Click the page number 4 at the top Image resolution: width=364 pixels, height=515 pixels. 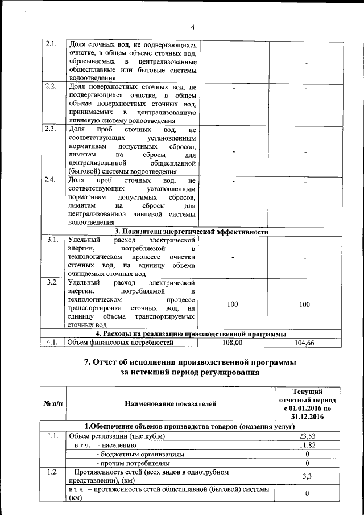pyautogui.click(x=192, y=27)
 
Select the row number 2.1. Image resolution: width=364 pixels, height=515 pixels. pyautogui.click(x=50, y=44)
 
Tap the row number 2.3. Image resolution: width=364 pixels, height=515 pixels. pyautogui.click(x=50, y=129)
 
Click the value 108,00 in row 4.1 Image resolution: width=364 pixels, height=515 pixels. pyautogui.click(x=232, y=343)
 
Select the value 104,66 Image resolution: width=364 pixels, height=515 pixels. pyautogui.click(x=305, y=343)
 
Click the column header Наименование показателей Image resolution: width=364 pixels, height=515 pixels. pyautogui.click(x=171, y=405)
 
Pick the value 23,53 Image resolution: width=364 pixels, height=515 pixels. pyautogui.click(x=307, y=436)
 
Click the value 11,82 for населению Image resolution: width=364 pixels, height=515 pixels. pyautogui.click(x=307, y=445)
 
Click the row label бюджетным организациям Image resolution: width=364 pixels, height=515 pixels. pyautogui.click(x=142, y=454)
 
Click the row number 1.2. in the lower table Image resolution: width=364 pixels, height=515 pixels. pyautogui.click(x=52, y=472)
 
